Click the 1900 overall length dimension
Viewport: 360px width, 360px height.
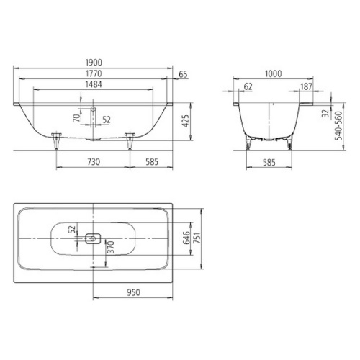click(x=94, y=63)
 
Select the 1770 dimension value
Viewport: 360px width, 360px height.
click(x=94, y=73)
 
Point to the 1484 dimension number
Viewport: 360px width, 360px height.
click(x=94, y=84)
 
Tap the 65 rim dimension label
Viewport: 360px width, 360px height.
click(x=183, y=74)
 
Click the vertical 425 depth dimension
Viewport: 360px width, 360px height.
click(x=186, y=121)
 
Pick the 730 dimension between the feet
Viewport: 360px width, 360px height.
click(x=94, y=162)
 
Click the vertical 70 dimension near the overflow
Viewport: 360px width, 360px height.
click(x=77, y=118)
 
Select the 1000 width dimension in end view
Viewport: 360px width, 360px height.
click(x=273, y=73)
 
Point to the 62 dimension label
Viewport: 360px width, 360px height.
click(x=248, y=86)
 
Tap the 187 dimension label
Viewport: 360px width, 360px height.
click(x=306, y=86)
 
